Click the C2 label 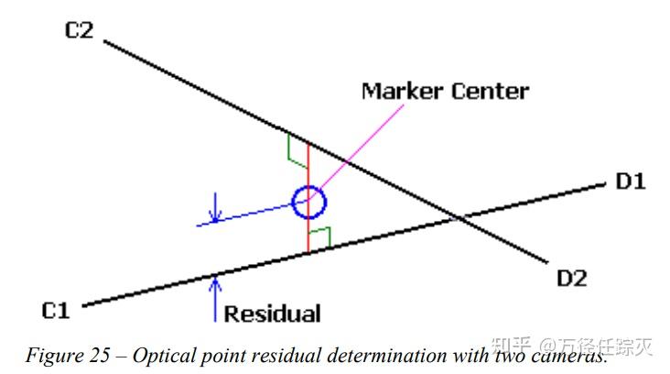click(x=80, y=30)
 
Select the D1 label click(x=630, y=181)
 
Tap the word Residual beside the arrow click(x=273, y=313)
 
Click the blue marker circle click(x=308, y=202)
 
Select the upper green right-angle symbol click(x=297, y=148)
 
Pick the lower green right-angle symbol click(x=319, y=238)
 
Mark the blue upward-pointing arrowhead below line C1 click(x=214, y=281)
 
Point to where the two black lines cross click(x=457, y=219)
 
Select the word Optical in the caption click(x=163, y=353)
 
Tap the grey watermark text click(x=572, y=346)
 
